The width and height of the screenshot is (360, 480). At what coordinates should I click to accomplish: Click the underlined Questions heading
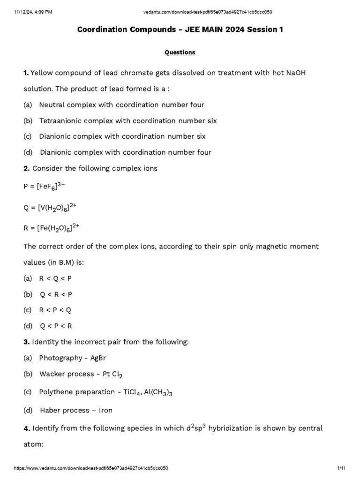(180, 52)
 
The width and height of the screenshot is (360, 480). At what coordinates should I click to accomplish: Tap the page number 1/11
(341, 468)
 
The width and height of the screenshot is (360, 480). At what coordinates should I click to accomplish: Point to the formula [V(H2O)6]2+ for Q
(58, 207)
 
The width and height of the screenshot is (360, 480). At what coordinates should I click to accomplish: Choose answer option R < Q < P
(55, 278)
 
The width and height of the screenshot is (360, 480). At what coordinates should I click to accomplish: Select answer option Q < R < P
(56, 294)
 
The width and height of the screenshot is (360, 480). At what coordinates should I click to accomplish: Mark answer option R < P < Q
(55, 310)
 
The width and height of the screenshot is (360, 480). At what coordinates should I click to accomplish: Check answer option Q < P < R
(56, 326)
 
